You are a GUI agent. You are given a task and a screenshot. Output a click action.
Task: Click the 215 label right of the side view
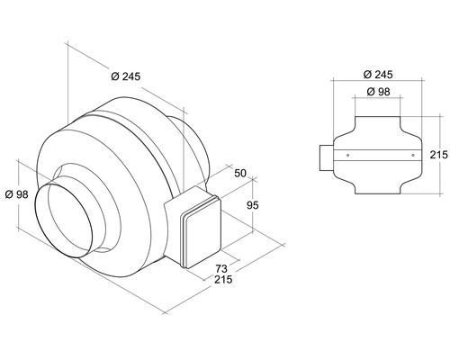[438, 155]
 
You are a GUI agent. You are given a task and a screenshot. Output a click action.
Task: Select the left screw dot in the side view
[348, 156]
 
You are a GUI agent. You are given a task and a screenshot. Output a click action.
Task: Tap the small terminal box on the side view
[324, 156]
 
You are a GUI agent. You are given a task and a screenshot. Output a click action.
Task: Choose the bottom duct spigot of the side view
[377, 187]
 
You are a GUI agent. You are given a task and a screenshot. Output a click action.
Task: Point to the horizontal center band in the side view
[377, 156]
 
